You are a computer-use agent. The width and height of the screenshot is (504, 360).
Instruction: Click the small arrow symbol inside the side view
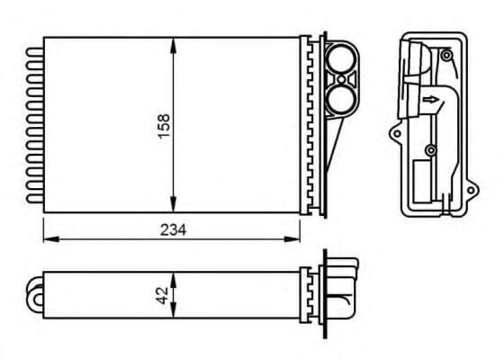click(x=432, y=100)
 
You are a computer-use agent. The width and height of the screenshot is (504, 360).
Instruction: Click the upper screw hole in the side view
click(x=445, y=56)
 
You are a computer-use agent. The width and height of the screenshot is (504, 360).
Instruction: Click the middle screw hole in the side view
click(x=431, y=148)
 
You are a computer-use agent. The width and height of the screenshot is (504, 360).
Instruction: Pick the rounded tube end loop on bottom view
click(x=39, y=292)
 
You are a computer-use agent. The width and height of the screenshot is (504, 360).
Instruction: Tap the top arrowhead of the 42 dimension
click(x=174, y=275)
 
